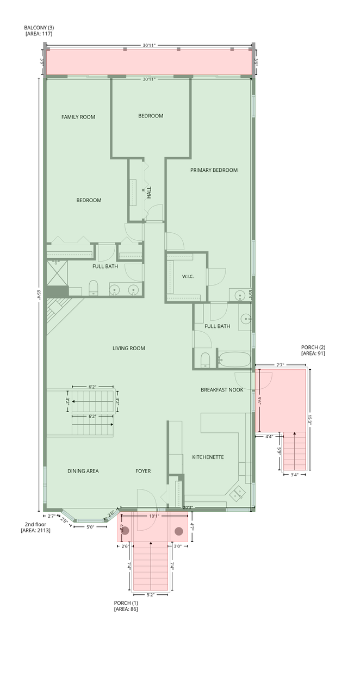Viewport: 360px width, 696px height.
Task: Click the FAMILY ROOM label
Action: coord(78,117)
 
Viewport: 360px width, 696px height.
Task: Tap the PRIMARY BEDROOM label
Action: coord(214,170)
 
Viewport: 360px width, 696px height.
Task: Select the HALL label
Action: coord(149,192)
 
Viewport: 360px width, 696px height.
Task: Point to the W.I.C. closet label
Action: coord(188,276)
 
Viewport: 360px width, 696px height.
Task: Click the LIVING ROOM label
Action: coord(129,349)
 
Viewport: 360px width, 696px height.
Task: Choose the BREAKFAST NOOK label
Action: coord(222,390)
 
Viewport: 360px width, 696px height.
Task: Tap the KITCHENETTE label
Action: coord(208,457)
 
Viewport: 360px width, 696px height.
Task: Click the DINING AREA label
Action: coord(83,471)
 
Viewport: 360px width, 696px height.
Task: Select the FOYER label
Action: coord(143,471)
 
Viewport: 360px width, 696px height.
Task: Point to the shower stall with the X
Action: coord(57,273)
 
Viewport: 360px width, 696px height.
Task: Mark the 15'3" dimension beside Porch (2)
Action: coord(309,419)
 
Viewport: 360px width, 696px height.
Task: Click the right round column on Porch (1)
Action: coord(178,531)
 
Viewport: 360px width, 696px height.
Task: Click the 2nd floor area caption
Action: coord(35,527)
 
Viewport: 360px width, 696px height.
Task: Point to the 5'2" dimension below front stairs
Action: coord(151,595)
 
